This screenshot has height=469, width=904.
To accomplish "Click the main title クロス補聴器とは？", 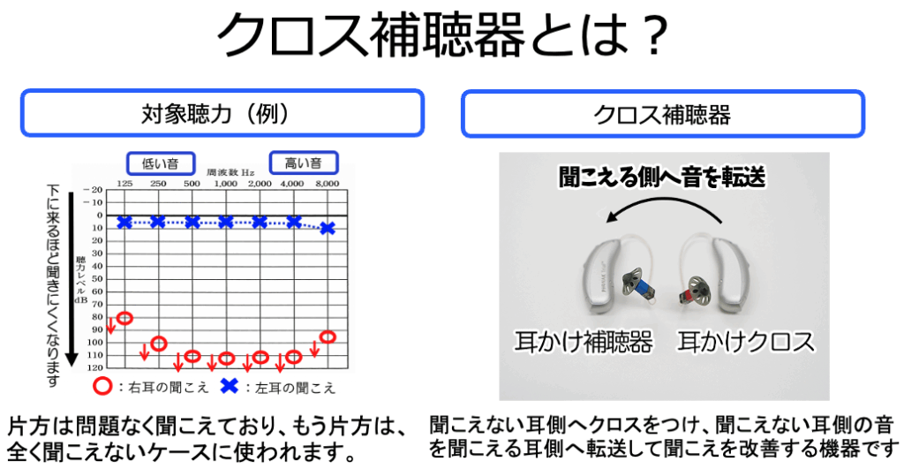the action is (x=442, y=34).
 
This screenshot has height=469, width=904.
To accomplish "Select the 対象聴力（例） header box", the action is (x=222, y=113).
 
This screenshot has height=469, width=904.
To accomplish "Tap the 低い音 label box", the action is (x=161, y=163).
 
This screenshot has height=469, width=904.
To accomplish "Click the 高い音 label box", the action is (x=304, y=163).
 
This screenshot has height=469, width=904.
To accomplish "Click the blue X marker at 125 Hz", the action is (x=124, y=222).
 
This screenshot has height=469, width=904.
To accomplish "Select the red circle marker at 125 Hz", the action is (x=125, y=318).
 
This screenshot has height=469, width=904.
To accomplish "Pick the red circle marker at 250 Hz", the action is (x=159, y=344).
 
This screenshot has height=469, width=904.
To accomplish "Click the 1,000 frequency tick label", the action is (x=225, y=184).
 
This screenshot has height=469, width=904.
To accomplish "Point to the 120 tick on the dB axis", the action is (x=95, y=367).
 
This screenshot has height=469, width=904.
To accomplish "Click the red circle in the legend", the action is (x=102, y=386).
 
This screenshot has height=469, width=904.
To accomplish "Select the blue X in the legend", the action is (x=230, y=386).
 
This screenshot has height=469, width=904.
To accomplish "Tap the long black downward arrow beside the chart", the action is (x=72, y=278).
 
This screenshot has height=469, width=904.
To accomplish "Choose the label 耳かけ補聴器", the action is (x=584, y=342).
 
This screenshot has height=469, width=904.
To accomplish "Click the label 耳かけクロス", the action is (x=746, y=342).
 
